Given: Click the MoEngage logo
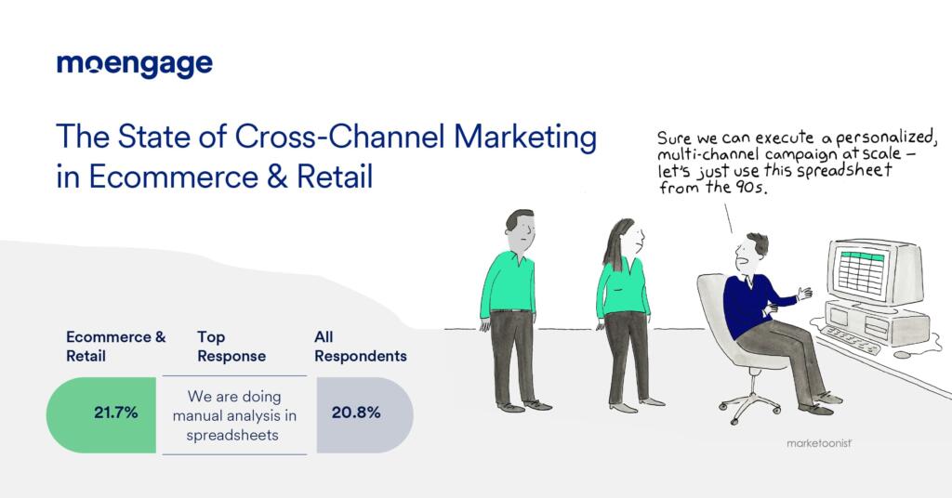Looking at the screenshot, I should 135,64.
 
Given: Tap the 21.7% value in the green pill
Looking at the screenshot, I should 116,413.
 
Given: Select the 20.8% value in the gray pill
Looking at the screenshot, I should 356,413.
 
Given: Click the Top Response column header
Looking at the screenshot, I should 231,347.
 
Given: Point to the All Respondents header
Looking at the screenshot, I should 359,347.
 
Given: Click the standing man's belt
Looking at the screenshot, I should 510,309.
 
